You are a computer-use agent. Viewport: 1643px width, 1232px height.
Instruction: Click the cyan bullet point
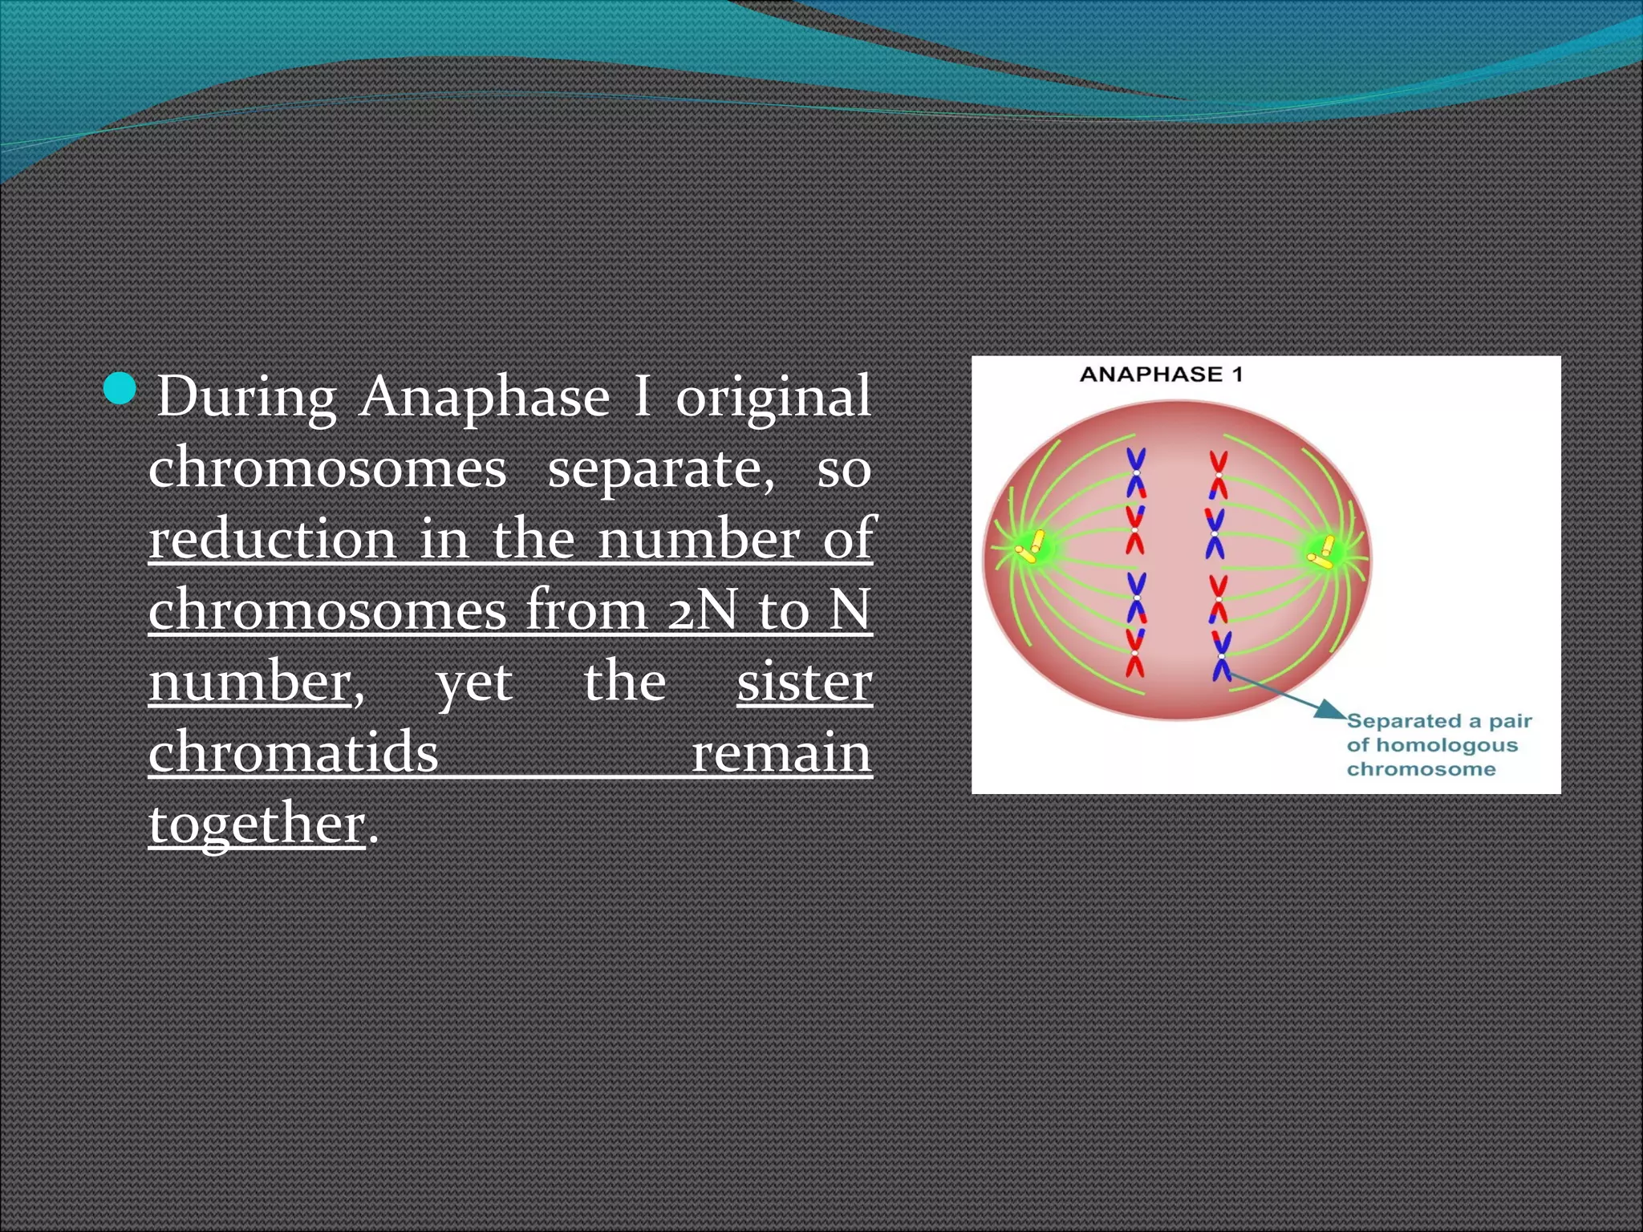click(x=120, y=390)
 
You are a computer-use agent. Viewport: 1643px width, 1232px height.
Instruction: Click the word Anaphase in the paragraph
click(x=484, y=397)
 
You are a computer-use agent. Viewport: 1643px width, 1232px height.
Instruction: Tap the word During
click(x=246, y=397)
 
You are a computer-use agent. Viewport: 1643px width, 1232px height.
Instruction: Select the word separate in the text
click(x=661, y=468)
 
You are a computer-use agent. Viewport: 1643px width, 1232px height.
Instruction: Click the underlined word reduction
click(x=273, y=539)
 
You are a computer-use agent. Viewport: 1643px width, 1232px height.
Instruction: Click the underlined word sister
click(x=805, y=682)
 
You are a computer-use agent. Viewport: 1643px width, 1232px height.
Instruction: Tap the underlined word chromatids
click(x=294, y=752)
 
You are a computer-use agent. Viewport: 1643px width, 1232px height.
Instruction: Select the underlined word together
click(x=257, y=824)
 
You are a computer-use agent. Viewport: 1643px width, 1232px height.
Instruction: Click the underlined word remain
click(x=781, y=752)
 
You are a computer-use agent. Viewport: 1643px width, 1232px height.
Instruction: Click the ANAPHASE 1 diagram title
click(x=1161, y=375)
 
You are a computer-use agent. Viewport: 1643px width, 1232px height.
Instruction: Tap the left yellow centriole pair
click(x=1030, y=545)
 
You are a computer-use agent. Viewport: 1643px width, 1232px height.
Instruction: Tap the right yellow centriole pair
click(x=1321, y=552)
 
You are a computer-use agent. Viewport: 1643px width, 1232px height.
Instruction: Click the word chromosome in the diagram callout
click(x=1421, y=769)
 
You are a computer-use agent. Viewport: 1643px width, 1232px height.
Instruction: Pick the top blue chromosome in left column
click(x=1136, y=473)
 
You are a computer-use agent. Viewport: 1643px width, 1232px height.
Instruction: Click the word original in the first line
click(x=773, y=397)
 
